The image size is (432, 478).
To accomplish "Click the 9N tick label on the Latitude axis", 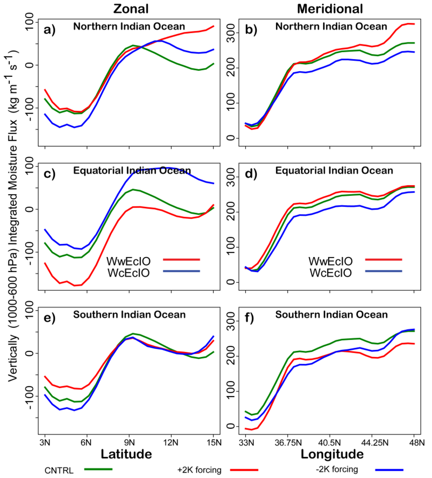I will coord(129,443).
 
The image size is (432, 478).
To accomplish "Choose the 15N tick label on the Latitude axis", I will coord(213,443).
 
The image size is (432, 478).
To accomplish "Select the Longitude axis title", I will coord(332,454).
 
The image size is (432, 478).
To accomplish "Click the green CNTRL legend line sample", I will coord(98,469).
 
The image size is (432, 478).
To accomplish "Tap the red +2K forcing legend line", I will coord(243,469).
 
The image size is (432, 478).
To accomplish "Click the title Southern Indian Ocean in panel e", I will coord(129,315).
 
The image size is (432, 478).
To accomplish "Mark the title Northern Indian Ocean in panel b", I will coord(331,27).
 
